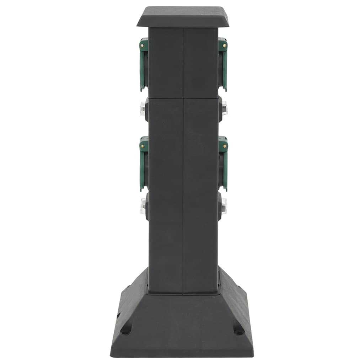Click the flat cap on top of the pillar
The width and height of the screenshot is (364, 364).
tap(183, 16)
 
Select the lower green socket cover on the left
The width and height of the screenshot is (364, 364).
tap(143, 164)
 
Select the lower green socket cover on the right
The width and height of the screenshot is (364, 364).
tap(223, 164)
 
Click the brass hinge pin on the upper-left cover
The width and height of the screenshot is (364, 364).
tap(142, 45)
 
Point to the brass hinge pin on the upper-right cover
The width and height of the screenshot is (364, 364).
tap(225, 45)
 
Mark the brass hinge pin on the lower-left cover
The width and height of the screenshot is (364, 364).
tap(142, 145)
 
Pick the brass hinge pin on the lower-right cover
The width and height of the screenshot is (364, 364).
tap(225, 145)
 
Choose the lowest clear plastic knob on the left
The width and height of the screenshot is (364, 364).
tap(143, 206)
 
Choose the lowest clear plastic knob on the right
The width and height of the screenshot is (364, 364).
tap(224, 206)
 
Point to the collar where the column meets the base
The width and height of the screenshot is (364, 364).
tap(183, 293)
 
